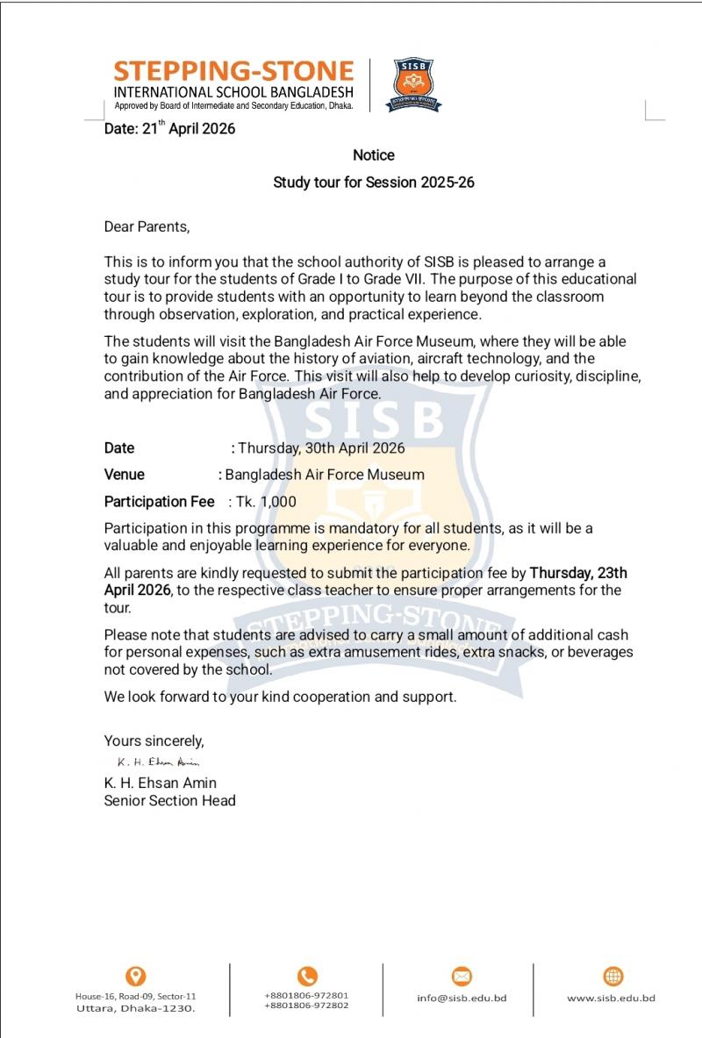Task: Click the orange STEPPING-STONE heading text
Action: pyautogui.click(x=233, y=71)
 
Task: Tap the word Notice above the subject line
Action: pyautogui.click(x=374, y=155)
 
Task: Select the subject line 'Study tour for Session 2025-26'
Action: pyautogui.click(x=374, y=183)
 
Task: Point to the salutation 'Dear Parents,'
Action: pyautogui.click(x=147, y=226)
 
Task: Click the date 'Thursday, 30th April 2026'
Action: pyautogui.click(x=321, y=447)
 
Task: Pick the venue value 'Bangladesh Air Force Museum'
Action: pyautogui.click(x=325, y=475)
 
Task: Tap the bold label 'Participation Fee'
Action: pyautogui.click(x=159, y=502)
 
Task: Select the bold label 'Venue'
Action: pyautogui.click(x=125, y=475)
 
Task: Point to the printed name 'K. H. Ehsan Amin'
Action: pyautogui.click(x=160, y=783)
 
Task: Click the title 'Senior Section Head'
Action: pyautogui.click(x=169, y=800)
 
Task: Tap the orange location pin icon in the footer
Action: pyautogui.click(x=136, y=976)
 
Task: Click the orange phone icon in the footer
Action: pyautogui.click(x=307, y=976)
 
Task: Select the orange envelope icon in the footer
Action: pyautogui.click(x=462, y=976)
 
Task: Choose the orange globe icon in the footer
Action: pyautogui.click(x=613, y=976)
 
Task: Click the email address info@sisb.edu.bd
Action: pyautogui.click(x=462, y=998)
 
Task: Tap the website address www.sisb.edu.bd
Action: pyautogui.click(x=612, y=998)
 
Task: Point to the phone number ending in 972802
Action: pyautogui.click(x=306, y=1006)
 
